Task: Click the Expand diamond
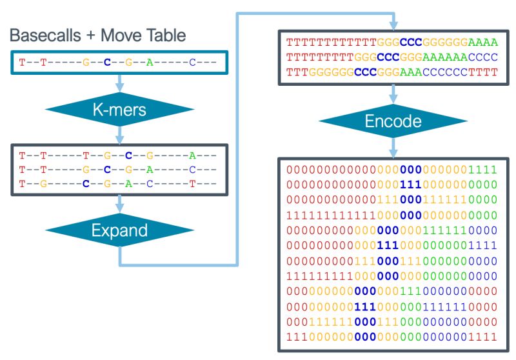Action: pyautogui.click(x=119, y=231)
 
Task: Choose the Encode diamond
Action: pyautogui.click(x=392, y=121)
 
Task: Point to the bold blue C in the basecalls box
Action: pyautogui.click(x=107, y=63)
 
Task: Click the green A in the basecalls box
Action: pyautogui.click(x=150, y=63)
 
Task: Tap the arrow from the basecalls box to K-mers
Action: pyautogui.click(x=119, y=83)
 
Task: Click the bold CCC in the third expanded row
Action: pyautogui.click(x=367, y=72)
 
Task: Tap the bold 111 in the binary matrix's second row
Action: pyautogui.click(x=410, y=184)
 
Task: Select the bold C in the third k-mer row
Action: pyautogui.click(x=86, y=183)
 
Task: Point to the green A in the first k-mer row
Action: pyautogui.click(x=192, y=155)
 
